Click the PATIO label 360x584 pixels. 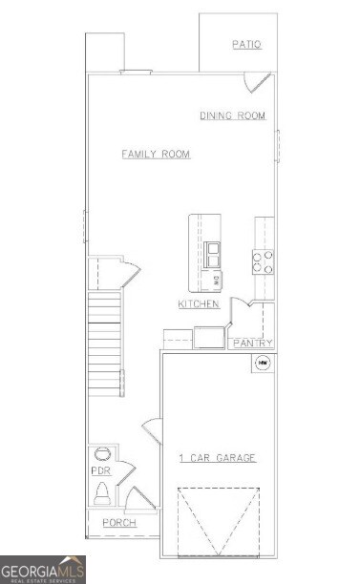246,45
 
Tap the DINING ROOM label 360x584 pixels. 232,116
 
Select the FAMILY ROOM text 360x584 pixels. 156,155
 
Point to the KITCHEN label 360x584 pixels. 199,304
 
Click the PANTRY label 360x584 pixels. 252,344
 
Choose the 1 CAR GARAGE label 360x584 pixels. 218,459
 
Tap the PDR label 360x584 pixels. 99,472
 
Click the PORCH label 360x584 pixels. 119,523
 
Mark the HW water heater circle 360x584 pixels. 261,363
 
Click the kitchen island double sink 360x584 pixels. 212,254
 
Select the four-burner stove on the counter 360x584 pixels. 263,261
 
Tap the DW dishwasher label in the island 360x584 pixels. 216,281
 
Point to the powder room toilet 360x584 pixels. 102,494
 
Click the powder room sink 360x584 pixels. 100,454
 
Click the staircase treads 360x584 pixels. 105,344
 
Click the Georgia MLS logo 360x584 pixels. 43,569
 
